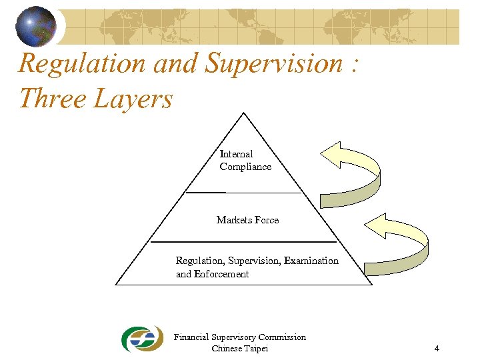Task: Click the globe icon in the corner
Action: pos(36,26)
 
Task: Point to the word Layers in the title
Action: pos(134,100)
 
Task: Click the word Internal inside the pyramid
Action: pos(236,154)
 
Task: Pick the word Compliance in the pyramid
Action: pos(245,167)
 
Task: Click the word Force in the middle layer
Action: pos(267,220)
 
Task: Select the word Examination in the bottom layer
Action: pos(311,261)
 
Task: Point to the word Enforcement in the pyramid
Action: pos(222,274)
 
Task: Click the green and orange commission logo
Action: pos(141,339)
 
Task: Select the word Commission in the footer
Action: pos(282,337)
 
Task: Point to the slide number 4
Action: pos(436,349)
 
